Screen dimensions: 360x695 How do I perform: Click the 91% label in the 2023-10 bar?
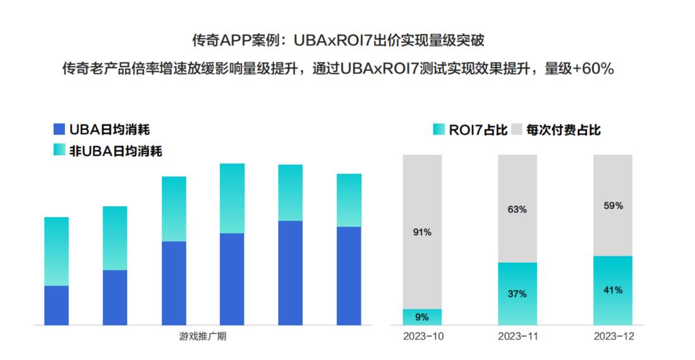pos(422,232)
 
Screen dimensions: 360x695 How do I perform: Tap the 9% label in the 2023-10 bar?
pos(422,317)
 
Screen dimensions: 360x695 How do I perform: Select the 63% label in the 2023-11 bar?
pos(517,210)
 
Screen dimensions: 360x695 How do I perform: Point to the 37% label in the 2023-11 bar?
pos(517,294)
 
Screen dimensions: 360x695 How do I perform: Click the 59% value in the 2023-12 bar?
pos(613,206)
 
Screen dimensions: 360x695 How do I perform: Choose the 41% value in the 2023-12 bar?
pos(613,291)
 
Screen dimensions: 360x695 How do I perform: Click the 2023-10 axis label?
pos(423,337)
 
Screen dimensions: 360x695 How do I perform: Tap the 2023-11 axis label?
pos(518,337)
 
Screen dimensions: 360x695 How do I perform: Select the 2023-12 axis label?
pos(613,337)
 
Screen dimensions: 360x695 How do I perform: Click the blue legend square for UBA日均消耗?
pos(60,129)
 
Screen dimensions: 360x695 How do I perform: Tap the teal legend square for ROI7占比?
pos(438,129)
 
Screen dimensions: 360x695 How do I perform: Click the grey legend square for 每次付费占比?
pos(516,129)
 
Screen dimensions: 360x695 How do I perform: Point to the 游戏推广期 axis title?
pos(202,336)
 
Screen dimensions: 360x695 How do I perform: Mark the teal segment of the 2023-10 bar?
pos(422,317)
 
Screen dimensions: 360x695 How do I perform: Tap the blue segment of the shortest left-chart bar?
pos(56,306)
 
